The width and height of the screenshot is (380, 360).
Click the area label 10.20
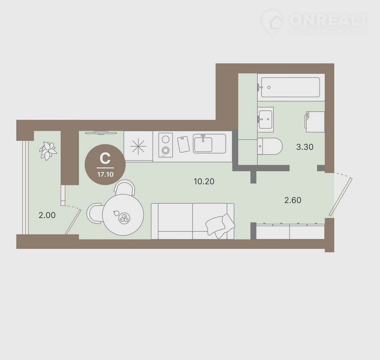pos(204,181)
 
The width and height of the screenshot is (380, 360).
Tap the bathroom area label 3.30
pos(305,147)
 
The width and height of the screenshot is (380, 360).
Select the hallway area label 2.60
pos(293,200)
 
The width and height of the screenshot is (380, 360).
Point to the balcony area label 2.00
pos(47,215)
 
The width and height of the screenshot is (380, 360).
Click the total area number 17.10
pos(105,174)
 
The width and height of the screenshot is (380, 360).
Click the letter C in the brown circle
pos(105,159)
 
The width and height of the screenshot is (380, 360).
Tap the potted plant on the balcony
pos(48,151)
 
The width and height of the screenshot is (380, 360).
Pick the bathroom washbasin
pos(266,119)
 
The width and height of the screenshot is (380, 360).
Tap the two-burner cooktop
pos(165,145)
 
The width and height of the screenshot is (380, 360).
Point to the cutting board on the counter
pos(183,144)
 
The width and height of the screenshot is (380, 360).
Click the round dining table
pos(123,215)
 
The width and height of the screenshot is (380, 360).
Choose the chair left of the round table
pos(95,214)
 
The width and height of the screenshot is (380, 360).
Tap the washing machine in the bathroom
pos(315,122)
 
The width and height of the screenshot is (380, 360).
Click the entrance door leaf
pos(340,197)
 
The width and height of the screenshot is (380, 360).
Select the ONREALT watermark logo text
pos(329,20)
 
